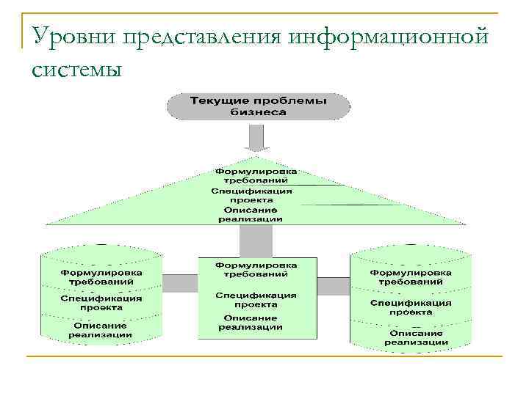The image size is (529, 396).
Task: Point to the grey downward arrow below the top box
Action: (x=255, y=138)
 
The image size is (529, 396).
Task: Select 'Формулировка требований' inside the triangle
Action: (x=251, y=175)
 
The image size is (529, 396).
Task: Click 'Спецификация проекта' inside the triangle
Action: (x=251, y=194)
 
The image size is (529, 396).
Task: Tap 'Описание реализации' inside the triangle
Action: (x=251, y=214)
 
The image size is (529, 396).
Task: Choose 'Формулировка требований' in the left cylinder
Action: (x=101, y=276)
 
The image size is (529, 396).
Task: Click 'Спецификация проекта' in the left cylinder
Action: (x=101, y=303)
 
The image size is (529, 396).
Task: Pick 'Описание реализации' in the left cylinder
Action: (x=101, y=330)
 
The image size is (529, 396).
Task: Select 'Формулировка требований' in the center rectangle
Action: (x=256, y=268)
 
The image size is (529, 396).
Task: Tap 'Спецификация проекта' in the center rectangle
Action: (x=256, y=299)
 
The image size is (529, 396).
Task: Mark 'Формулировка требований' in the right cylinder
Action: (x=411, y=276)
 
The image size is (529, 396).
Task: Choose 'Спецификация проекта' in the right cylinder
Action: (x=411, y=307)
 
